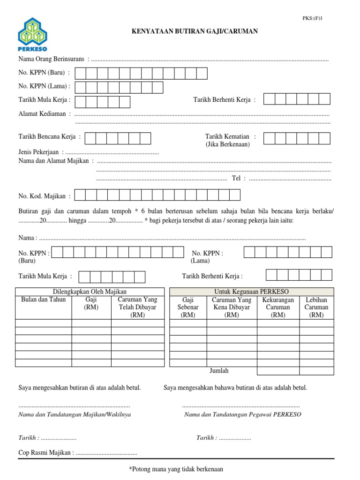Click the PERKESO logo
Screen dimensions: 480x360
tap(33, 35)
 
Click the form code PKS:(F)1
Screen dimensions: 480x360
tap(313, 18)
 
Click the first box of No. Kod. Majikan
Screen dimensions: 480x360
tap(80, 195)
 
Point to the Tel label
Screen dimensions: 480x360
tap(236, 178)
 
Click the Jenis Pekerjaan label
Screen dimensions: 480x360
tap(38, 152)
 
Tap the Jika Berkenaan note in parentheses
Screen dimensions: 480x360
tap(227, 144)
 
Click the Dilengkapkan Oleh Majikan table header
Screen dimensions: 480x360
tap(90, 292)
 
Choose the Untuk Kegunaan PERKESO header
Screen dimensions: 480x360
tap(251, 292)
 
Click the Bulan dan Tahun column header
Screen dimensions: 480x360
tap(44, 300)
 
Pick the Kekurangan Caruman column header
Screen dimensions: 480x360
tap(278, 307)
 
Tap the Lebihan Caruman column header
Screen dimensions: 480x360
tap(316, 307)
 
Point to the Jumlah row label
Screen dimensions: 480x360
tap(219, 371)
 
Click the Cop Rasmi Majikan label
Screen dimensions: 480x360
tap(45, 453)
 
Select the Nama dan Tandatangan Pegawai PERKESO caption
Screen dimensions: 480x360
tap(243, 415)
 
